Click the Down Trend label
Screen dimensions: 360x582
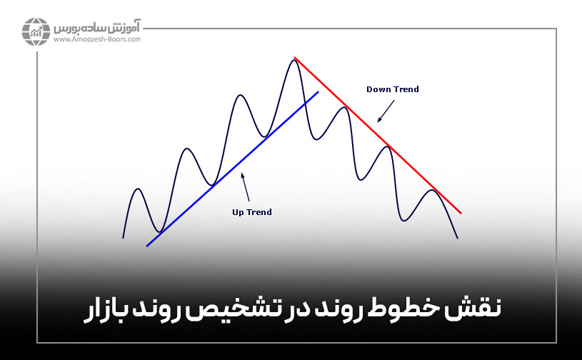[392, 89]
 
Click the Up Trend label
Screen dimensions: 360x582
[252, 212]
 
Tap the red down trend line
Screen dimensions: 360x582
[378, 136]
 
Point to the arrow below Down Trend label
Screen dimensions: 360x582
[386, 110]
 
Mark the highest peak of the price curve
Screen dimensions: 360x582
[293, 60]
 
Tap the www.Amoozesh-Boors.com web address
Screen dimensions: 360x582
[96, 40]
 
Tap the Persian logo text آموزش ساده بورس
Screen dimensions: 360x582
[96, 29]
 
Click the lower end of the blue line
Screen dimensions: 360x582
[147, 246]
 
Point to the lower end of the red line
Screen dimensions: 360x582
[461, 213]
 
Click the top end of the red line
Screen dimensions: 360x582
[295, 57]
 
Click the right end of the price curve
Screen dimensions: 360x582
[457, 238]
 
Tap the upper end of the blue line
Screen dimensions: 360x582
[318, 92]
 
